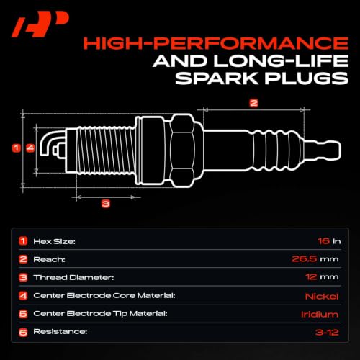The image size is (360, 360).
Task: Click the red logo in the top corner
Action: pyautogui.click(x=40, y=24)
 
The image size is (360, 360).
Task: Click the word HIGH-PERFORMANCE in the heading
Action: pyautogui.click(x=216, y=43)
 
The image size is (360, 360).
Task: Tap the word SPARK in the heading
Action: pyautogui.click(x=217, y=78)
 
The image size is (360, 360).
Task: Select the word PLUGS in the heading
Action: pyautogui.click(x=307, y=78)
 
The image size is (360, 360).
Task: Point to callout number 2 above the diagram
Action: pyautogui.click(x=253, y=103)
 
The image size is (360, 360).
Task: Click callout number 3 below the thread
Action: pyautogui.click(x=106, y=204)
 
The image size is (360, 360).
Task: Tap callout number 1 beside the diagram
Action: pyautogui.click(x=17, y=148)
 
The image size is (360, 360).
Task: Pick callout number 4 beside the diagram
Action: pyautogui.click(x=30, y=148)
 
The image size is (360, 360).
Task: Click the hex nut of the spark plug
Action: pyautogui.click(x=182, y=150)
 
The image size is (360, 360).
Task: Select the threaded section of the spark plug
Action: pyautogui.click(x=106, y=150)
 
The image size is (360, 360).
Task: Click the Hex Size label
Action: pyautogui.click(x=54, y=241)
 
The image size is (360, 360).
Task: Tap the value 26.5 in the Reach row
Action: pyautogui.click(x=304, y=259)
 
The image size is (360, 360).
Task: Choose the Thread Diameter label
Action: pyautogui.click(x=73, y=277)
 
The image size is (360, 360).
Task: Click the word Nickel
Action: pyautogui.click(x=322, y=297)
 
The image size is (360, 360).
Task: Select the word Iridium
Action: pyautogui.click(x=320, y=314)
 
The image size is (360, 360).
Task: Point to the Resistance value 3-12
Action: pyautogui.click(x=327, y=333)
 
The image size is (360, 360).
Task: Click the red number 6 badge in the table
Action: pyautogui.click(x=23, y=333)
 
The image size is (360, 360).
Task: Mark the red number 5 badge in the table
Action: pyautogui.click(x=23, y=314)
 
